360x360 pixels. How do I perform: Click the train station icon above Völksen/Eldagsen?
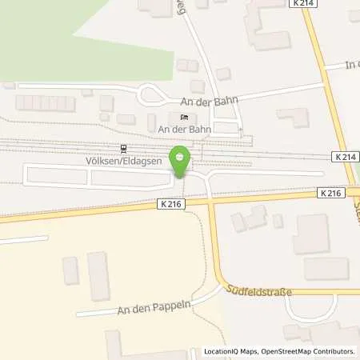coord(122,148)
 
